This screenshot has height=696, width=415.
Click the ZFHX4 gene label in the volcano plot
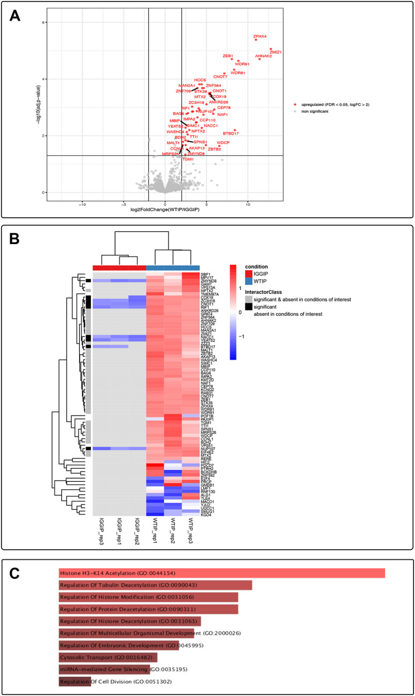[x=260, y=36]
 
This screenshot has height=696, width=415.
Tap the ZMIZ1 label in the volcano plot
[x=276, y=52]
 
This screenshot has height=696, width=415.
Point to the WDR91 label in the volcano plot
[x=242, y=64]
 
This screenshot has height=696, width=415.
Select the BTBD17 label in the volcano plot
[x=230, y=133]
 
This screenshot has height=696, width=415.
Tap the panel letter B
[x=15, y=239]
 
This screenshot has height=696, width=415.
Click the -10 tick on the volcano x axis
[x=82, y=204]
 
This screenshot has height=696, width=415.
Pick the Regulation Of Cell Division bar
[x=75, y=682]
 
